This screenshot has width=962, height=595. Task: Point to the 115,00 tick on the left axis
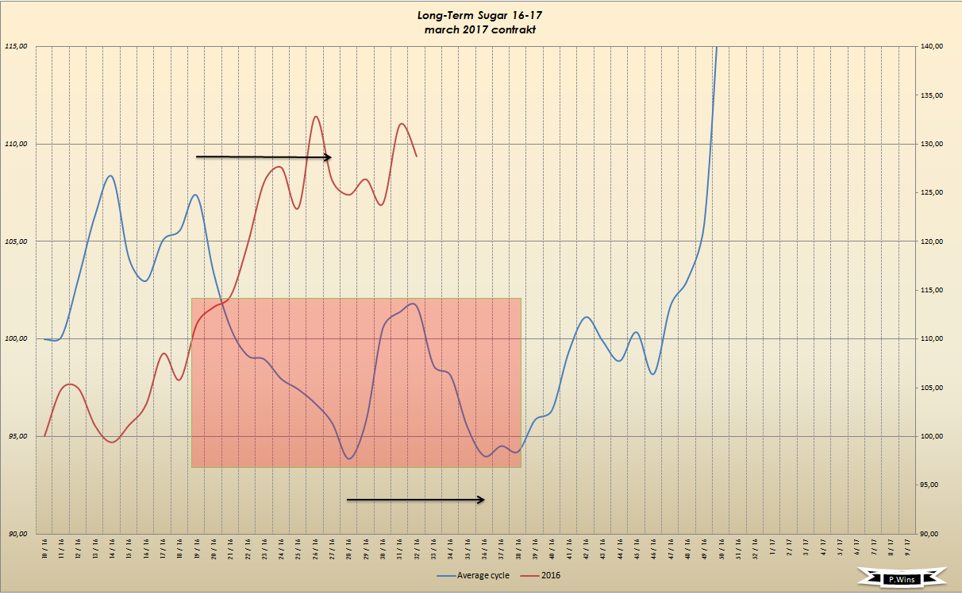pos(17,46)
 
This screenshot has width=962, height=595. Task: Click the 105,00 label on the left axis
pos(17,241)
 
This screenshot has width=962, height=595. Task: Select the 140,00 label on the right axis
pos(932,46)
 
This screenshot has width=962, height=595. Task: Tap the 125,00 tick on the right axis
pos(932,192)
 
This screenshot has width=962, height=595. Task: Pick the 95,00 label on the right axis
pos(932,485)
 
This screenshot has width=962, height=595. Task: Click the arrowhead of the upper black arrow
pos(328,157)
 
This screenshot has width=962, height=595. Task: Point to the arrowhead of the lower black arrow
pos(481,500)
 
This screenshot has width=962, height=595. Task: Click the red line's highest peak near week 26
pos(316,117)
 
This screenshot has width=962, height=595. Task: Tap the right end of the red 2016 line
pos(417,156)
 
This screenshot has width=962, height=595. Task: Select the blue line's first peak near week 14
pos(110,176)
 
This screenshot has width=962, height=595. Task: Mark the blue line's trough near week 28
pos(350,459)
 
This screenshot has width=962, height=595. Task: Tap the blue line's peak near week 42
pos(586,317)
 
